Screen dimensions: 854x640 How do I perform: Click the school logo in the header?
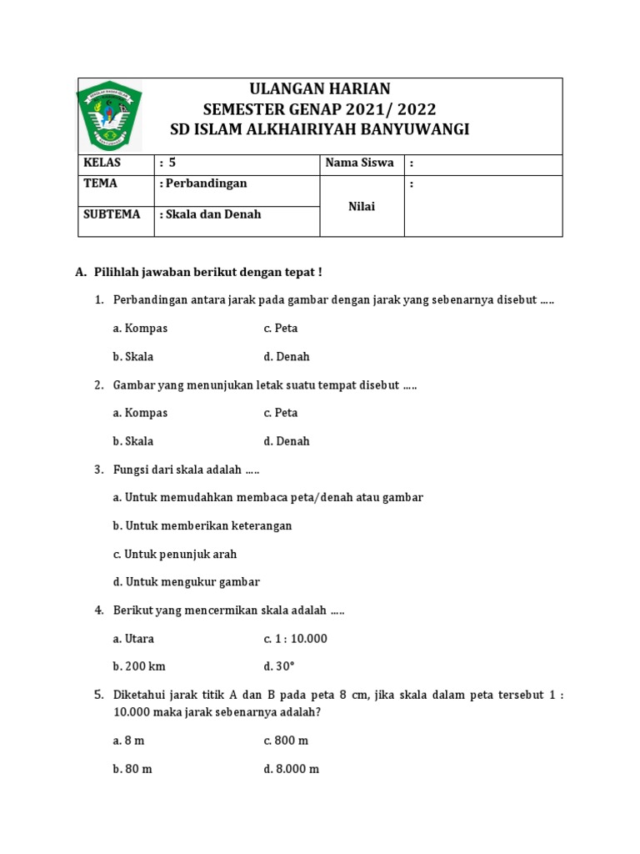click(x=110, y=115)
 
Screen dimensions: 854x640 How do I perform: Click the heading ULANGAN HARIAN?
click(x=320, y=89)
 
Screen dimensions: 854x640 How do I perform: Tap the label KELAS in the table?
click(x=101, y=163)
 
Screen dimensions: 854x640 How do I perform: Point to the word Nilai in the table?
click(x=362, y=206)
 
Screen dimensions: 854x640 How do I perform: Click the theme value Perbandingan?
click(x=203, y=183)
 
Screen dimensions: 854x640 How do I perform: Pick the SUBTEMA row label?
click(x=112, y=214)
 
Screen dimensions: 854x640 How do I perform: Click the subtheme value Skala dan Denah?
click(x=210, y=214)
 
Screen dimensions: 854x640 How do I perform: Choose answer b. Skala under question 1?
click(x=133, y=357)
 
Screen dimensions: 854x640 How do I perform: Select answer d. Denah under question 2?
click(x=287, y=441)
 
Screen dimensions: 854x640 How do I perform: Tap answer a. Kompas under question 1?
click(x=140, y=329)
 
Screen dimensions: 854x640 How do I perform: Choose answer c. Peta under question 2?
click(x=281, y=413)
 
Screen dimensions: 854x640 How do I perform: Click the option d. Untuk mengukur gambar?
click(x=187, y=582)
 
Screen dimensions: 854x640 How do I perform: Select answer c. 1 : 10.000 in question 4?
click(x=296, y=639)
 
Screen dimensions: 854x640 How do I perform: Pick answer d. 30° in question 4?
click(x=280, y=667)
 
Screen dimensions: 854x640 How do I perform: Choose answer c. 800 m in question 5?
click(x=287, y=741)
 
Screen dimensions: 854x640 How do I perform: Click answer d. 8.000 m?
click(x=292, y=769)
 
